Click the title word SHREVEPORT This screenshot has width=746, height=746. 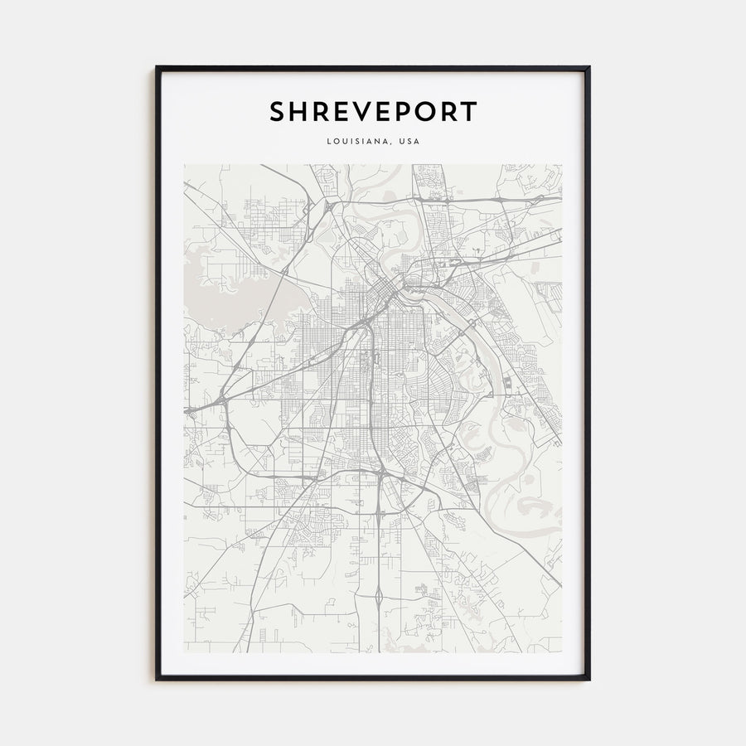click(373, 112)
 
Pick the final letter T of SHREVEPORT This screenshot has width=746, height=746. click(470, 112)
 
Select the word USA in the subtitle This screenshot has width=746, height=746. click(409, 141)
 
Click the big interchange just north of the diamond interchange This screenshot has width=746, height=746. click(379, 476)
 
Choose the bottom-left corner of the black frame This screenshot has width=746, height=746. click(157, 679)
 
